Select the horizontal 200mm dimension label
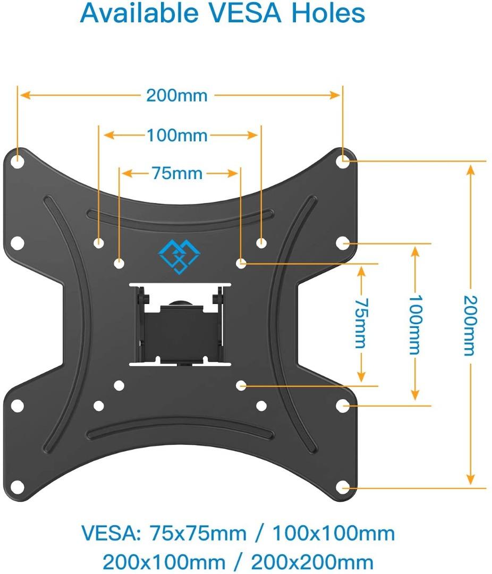coord(177,96)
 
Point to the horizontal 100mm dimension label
coord(177,136)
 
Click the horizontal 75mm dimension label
coord(177,173)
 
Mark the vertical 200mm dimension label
coord(470,325)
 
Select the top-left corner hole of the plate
coord(18,160)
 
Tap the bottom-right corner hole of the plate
coord(344,486)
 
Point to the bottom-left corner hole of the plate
coord(18,486)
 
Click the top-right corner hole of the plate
coord(344,160)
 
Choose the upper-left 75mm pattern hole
coord(119,263)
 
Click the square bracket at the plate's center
coord(180,324)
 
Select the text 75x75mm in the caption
coord(198,533)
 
